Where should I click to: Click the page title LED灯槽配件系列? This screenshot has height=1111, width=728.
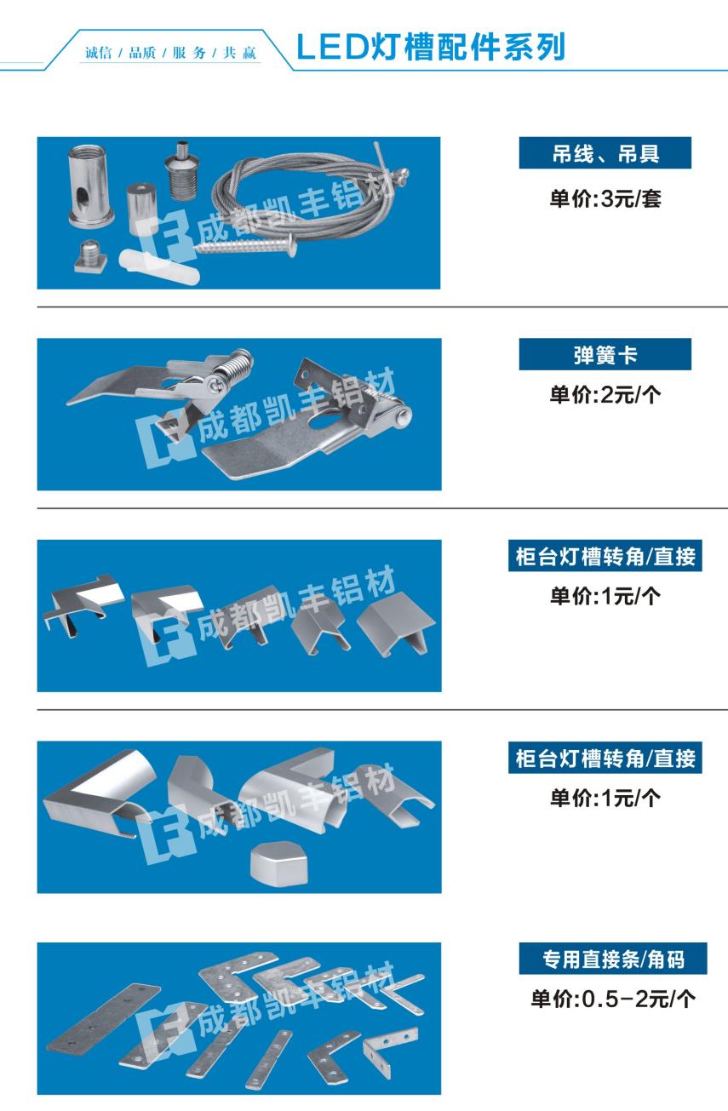431,47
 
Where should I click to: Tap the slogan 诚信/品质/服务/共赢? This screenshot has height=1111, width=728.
170,53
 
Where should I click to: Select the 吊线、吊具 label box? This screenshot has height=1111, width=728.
605,152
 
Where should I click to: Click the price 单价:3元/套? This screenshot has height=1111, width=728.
605,198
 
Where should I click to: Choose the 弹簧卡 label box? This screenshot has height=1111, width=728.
605,354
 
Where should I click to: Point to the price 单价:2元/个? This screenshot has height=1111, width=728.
605,395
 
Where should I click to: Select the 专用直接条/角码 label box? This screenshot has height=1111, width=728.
613,959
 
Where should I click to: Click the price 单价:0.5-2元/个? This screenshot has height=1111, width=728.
613,999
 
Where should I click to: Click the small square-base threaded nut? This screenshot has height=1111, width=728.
92,256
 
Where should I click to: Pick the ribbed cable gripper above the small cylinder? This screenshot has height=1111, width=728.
182,170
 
